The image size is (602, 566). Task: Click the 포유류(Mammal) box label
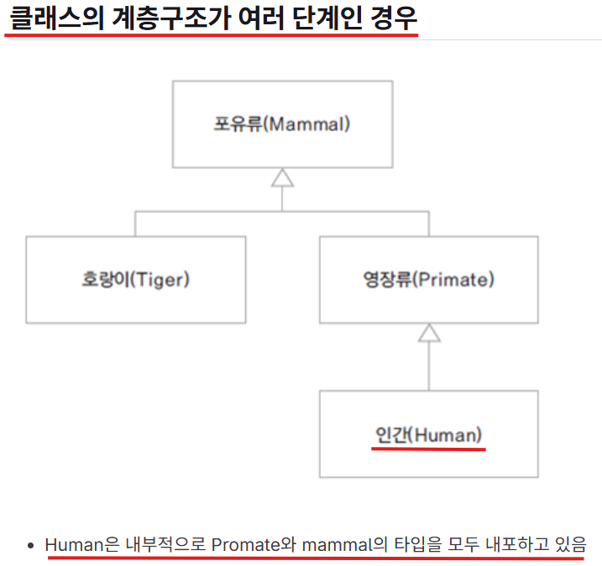[281, 126]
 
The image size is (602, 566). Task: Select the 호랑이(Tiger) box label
[134, 279]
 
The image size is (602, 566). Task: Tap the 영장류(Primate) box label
[428, 279]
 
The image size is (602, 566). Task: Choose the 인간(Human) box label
[428, 434]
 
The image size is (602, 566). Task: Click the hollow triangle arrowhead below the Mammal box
[282, 177]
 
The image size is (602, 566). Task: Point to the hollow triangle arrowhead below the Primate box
[429, 332]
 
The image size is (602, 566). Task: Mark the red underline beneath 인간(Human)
[428, 449]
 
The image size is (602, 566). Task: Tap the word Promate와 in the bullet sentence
[252, 544]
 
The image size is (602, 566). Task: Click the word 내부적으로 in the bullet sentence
[165, 544]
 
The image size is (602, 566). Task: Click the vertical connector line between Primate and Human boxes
[429, 366]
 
